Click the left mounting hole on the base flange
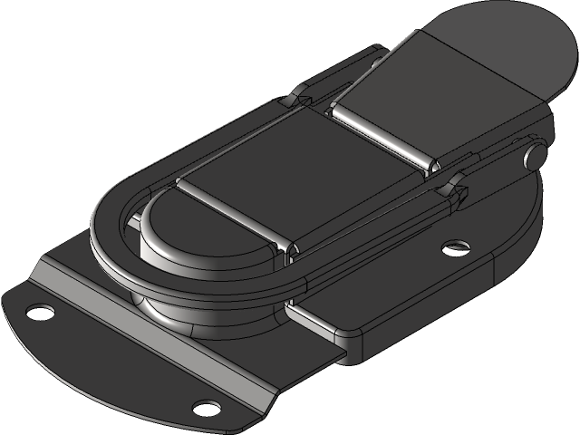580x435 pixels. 39,312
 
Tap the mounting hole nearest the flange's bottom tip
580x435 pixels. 208,405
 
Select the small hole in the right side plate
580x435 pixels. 455,245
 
